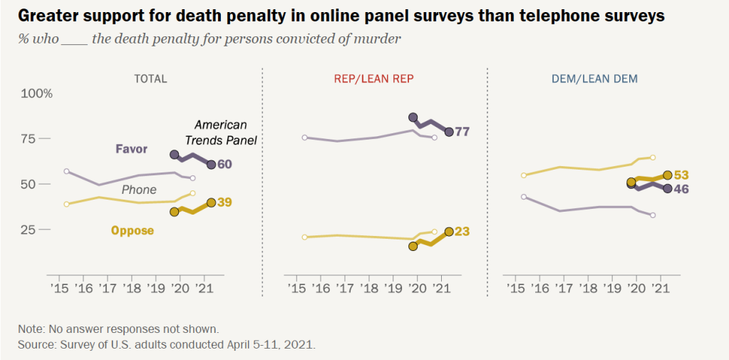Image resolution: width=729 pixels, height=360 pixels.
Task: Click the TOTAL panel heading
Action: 150,79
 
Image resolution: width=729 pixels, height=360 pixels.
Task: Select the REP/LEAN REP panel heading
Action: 373,79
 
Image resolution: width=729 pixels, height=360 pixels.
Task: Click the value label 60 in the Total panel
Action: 225,165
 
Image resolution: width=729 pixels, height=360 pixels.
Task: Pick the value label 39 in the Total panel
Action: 225,203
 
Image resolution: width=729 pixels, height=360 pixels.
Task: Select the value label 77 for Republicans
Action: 463,132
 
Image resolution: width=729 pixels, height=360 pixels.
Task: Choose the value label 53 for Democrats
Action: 682,175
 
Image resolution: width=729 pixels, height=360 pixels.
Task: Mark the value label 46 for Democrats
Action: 682,189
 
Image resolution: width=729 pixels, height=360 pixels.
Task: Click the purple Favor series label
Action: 132,149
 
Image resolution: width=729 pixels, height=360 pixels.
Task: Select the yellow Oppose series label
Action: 133,230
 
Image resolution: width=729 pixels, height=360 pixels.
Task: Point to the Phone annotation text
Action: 139,190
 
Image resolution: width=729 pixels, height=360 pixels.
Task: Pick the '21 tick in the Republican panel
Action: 442,288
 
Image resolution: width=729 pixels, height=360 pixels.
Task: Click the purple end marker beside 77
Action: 449,132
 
